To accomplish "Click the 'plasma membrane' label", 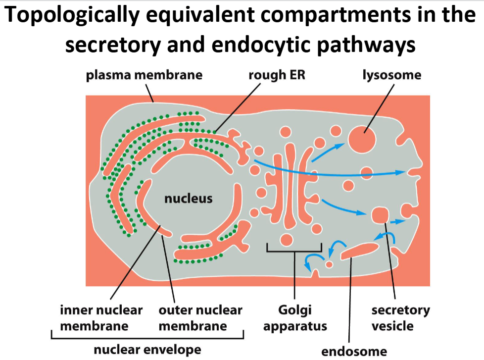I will (x=144, y=75).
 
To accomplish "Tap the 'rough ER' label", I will (x=277, y=75).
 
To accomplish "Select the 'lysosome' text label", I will (x=391, y=75).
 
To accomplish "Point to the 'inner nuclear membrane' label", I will (x=101, y=318).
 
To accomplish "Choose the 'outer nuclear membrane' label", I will (x=200, y=318).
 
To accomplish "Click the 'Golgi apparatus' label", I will (x=295, y=318).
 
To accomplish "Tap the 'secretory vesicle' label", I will (x=400, y=318).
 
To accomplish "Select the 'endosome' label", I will (x=354, y=351).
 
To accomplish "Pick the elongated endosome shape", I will (x=360, y=250).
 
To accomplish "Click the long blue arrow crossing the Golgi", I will (x=327, y=171).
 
